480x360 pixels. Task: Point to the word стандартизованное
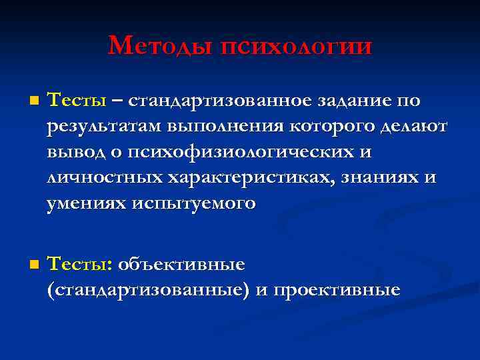(x=219, y=101)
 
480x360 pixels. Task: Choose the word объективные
(x=181, y=265)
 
